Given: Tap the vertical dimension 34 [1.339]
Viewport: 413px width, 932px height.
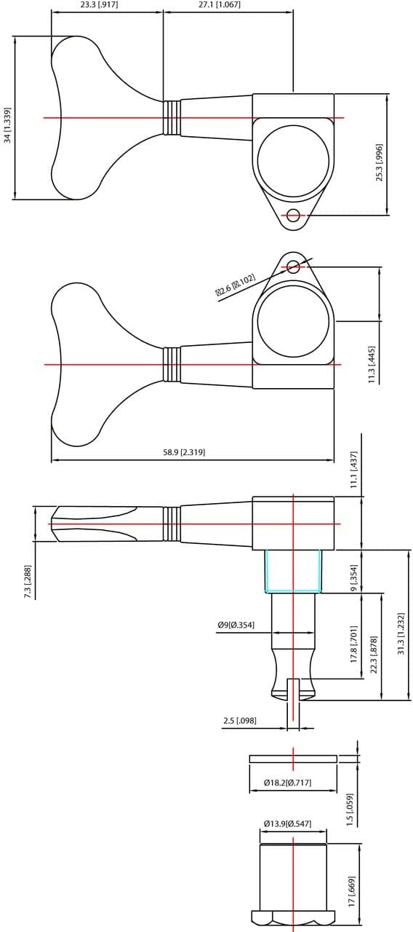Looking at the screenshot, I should pyautogui.click(x=7, y=125).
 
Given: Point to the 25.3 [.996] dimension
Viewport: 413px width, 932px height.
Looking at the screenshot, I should pyautogui.click(x=379, y=162).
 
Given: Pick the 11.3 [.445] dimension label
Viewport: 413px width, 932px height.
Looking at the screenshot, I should pyautogui.click(x=372, y=364).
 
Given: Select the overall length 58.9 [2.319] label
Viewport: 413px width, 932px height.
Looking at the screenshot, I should pyautogui.click(x=184, y=452).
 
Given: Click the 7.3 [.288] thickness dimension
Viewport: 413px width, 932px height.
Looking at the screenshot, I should pyautogui.click(x=28, y=582).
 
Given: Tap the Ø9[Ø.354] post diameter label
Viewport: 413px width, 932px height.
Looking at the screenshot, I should pyautogui.click(x=236, y=625).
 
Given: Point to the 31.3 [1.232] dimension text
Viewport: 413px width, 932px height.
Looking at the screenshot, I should pyautogui.click(x=401, y=633).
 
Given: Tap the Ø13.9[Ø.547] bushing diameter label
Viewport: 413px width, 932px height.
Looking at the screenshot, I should pyautogui.click(x=287, y=824).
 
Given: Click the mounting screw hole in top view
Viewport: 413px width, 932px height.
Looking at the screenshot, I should pyautogui.click(x=293, y=215).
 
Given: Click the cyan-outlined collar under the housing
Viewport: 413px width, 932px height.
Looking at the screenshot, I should pyautogui.click(x=293, y=571).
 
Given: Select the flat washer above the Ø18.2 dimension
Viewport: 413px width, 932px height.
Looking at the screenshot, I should pyautogui.click(x=293, y=759).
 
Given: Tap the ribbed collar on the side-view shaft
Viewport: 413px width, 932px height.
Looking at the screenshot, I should pyautogui.click(x=172, y=524).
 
